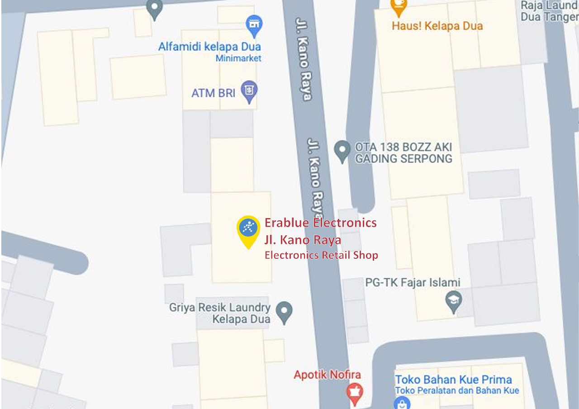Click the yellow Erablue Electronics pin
coord(248,229)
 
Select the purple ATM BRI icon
coord(249,90)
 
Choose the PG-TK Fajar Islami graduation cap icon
coord(453,301)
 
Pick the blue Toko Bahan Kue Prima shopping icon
coord(401,403)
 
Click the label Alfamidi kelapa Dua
coord(209,47)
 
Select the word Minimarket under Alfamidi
coord(238,58)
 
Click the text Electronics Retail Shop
coord(321,255)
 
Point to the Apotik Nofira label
coord(327,375)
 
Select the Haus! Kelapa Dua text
coord(437,26)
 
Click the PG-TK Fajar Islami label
coord(413,283)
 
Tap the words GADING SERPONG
coord(403,159)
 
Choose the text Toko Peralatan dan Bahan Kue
coord(457,390)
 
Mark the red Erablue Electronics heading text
coord(320,223)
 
